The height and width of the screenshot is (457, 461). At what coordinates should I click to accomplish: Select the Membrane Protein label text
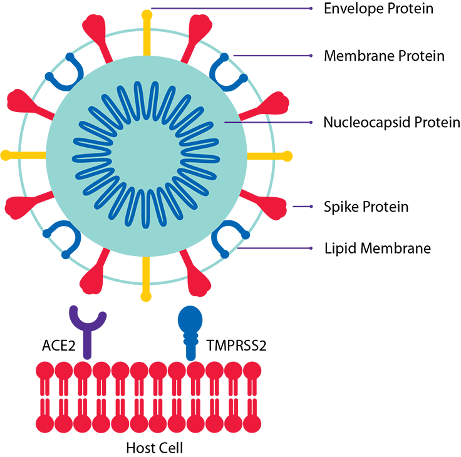[x=384, y=56]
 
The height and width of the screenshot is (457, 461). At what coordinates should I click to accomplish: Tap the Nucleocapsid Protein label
[x=391, y=122]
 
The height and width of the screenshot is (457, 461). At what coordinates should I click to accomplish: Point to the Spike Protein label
[x=366, y=206]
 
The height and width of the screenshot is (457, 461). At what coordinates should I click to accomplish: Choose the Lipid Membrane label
[x=377, y=248]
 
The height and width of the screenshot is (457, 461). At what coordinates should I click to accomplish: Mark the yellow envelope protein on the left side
[x=22, y=155]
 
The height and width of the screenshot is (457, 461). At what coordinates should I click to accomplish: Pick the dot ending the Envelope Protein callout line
[x=311, y=9]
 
